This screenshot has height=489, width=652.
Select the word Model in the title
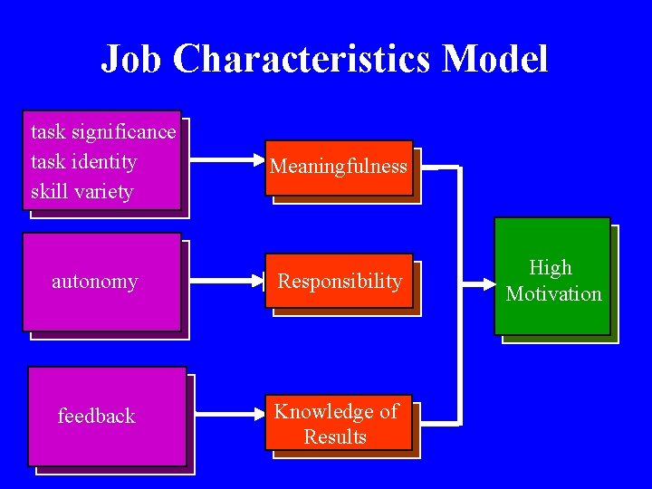(495, 60)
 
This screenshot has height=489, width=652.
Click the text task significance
(103, 132)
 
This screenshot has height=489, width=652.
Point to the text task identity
(83, 162)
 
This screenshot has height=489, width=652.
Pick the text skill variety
(81, 192)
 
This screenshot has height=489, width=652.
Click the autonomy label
(95, 282)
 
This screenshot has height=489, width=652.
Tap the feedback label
(96, 417)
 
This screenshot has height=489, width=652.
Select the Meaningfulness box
(339, 168)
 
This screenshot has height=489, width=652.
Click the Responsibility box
(340, 282)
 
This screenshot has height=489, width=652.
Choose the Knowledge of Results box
(337, 424)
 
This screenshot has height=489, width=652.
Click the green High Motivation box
(552, 277)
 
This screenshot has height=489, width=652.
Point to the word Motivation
(553, 293)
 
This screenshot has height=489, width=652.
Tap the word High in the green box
(551, 268)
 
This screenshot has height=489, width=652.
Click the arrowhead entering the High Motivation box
(485, 281)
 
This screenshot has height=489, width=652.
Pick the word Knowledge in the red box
(318, 412)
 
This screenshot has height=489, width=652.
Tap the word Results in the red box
(335, 436)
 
